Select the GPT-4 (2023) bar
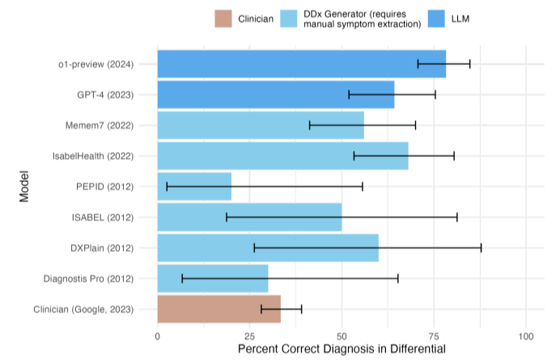[275, 95]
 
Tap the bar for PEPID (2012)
[194, 186]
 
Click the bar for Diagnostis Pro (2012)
[212, 278]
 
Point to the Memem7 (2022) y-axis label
[100, 125]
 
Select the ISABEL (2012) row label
[102, 217]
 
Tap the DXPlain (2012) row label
[100, 248]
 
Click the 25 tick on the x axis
[249, 334]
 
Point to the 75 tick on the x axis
[435, 334]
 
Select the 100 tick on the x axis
[527, 334]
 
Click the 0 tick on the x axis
[157, 334]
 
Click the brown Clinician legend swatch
[223, 19]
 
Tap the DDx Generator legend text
[362, 19]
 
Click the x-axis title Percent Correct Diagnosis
[342, 349]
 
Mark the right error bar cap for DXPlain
[482, 248]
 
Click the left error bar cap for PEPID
[167, 186]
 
